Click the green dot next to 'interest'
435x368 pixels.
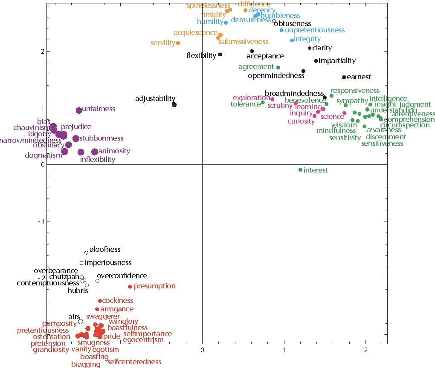[300, 170]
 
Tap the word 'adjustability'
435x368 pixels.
[155, 98]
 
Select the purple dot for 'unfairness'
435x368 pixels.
[79, 110]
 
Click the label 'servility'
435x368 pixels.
[163, 43]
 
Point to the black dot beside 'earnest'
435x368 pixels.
[344, 77]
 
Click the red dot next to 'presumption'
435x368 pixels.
[130, 286]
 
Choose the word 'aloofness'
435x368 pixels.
[105, 249]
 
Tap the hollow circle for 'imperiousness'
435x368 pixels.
[81, 263]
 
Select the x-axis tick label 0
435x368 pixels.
[202, 350]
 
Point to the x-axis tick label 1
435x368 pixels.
[284, 350]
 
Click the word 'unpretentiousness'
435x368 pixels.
[315, 30]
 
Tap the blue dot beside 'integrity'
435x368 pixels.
[292, 40]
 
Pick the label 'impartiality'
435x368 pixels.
[337, 60]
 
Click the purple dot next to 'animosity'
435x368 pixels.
[95, 152]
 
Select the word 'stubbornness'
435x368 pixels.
[101, 138]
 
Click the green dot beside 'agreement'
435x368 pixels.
[278, 67]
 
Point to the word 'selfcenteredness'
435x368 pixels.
[134, 362]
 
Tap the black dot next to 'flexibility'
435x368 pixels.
[220, 55]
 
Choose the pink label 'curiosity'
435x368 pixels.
[301, 121]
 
